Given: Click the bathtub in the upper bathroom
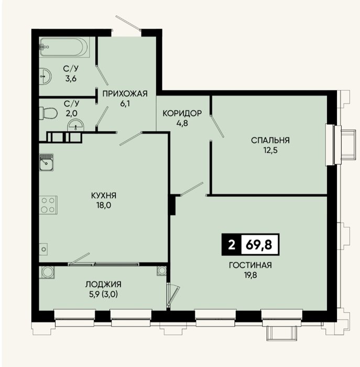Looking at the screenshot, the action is (64, 47).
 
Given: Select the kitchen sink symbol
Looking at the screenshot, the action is (46, 162).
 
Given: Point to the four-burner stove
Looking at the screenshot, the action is (48, 205).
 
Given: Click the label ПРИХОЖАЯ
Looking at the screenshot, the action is (125, 94).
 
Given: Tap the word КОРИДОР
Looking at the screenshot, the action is (182, 113).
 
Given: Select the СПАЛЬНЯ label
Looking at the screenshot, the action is (270, 140).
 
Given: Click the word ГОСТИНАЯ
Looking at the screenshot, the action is (250, 265).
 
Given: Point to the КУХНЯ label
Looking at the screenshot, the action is (104, 196).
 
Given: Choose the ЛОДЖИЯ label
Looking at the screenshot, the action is (103, 284).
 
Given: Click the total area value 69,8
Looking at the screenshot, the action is (259, 245).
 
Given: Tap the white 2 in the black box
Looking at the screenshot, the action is (231, 245).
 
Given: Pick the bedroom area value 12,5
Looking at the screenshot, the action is (270, 150).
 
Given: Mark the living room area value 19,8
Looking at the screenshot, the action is (250, 275).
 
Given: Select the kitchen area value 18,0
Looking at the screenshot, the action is (104, 206).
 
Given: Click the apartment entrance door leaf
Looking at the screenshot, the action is (128, 23).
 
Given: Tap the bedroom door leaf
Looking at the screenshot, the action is (217, 126).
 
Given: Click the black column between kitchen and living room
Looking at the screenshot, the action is (172, 206).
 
